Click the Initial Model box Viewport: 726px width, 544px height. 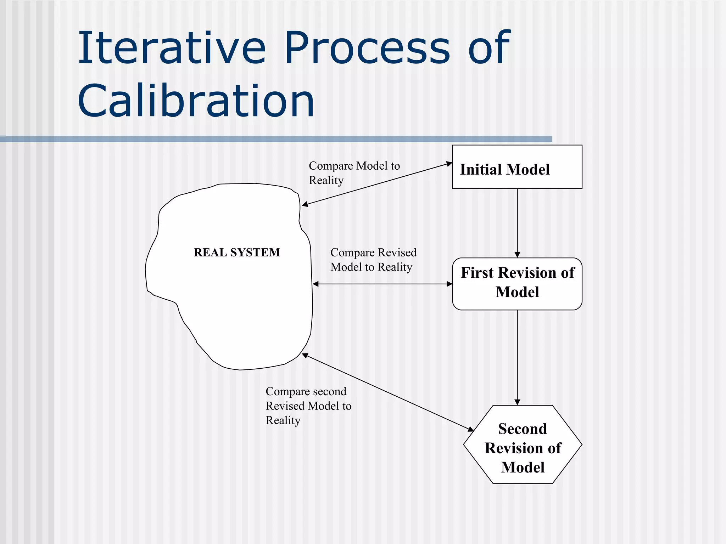tap(517, 167)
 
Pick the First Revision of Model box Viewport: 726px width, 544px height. tap(517, 283)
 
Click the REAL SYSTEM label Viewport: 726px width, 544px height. tap(237, 253)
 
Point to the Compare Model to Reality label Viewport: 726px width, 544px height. tap(354, 173)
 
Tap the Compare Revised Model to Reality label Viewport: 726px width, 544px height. tap(373, 260)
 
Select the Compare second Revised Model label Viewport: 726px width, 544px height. tap(308, 406)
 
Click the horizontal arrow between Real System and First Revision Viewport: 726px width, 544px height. tap(382, 284)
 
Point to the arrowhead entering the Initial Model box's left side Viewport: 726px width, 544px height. tap(449, 164)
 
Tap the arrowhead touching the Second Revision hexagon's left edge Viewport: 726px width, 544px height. tap(470, 429)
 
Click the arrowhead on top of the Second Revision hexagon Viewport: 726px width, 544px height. tap(517, 402)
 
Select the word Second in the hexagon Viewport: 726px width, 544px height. tap(523, 429)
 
